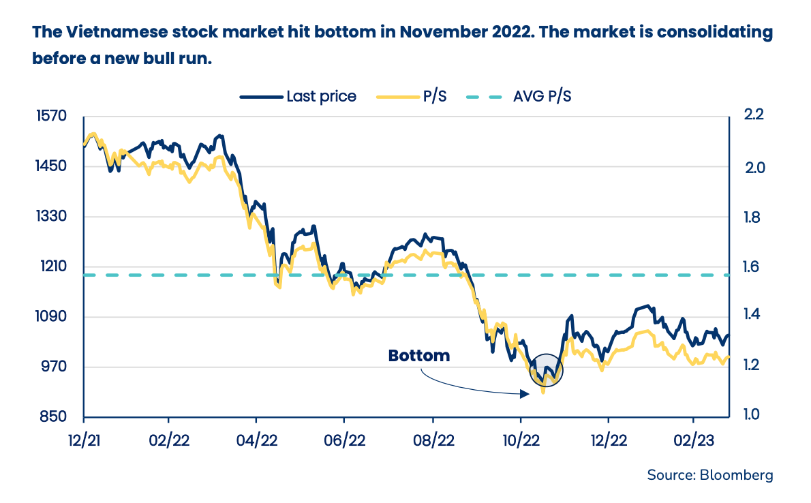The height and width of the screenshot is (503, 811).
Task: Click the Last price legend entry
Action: (x=298, y=96)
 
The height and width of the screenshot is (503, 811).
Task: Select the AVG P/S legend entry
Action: (x=519, y=96)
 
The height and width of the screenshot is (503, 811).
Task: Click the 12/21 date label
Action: (x=84, y=439)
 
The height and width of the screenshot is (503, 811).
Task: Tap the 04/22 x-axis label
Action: (x=256, y=439)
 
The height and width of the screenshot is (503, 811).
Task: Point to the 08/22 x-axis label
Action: (x=433, y=439)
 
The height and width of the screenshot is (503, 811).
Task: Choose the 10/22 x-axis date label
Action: (x=521, y=439)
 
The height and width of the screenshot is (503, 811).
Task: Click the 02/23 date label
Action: (x=693, y=439)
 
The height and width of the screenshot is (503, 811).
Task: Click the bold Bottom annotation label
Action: (x=419, y=356)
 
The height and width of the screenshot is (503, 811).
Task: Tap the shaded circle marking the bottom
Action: (x=547, y=371)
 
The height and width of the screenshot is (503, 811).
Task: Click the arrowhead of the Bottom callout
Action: (x=525, y=393)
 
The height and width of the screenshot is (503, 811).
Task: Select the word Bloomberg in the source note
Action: (x=737, y=475)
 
